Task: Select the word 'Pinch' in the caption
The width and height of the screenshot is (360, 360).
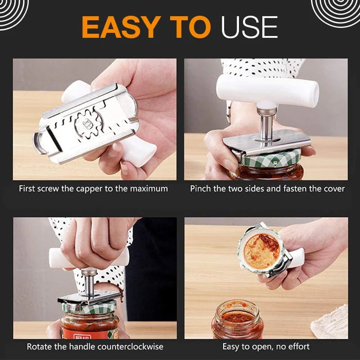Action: (x=200, y=189)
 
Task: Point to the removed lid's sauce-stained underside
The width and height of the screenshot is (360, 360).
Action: (x=261, y=251)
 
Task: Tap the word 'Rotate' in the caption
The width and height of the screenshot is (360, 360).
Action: (x=39, y=346)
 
